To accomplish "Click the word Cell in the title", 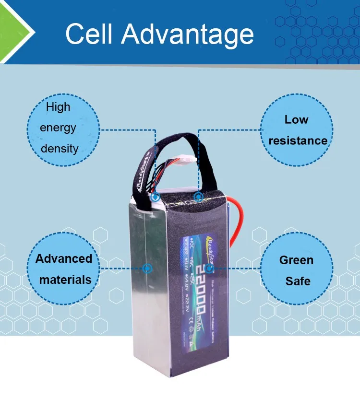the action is (x=89, y=34).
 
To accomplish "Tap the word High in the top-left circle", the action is (x=58, y=107).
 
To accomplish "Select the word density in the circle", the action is (x=60, y=148).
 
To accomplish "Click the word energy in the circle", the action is (x=58, y=128).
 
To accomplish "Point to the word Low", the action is (x=296, y=119).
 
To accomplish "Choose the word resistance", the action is (x=298, y=140).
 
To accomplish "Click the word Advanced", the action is (x=64, y=258).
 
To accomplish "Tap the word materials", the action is (x=65, y=280).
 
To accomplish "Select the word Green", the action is (x=296, y=260).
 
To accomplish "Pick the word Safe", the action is (x=298, y=281).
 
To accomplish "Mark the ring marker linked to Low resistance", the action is (x=197, y=197).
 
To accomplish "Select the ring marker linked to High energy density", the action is (x=155, y=197).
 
